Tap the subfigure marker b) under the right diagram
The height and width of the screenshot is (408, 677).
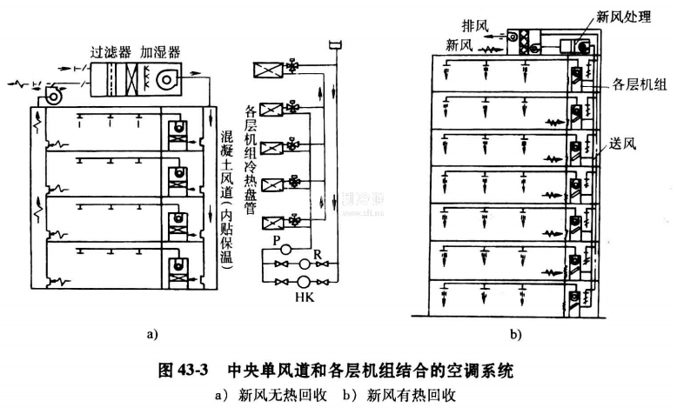(516, 332)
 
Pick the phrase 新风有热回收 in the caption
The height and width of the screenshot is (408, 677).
(413, 395)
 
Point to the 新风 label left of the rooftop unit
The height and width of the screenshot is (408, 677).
(461, 43)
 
